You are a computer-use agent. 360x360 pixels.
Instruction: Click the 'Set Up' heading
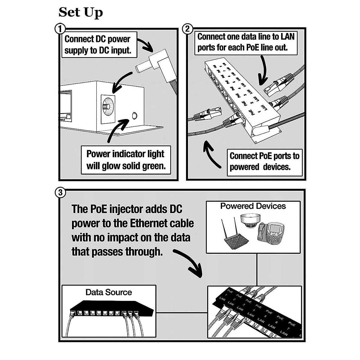click(x=80, y=12)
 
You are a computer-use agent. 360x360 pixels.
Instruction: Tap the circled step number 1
click(x=60, y=29)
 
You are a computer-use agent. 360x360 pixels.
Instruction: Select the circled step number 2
click(x=187, y=29)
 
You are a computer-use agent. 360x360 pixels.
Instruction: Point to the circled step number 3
click(x=60, y=192)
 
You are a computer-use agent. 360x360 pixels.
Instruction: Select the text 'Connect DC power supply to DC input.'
click(x=98, y=45)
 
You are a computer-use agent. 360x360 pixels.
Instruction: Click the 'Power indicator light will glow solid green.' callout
click(x=126, y=160)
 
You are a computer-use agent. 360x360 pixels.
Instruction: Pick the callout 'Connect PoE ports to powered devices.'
click(x=264, y=161)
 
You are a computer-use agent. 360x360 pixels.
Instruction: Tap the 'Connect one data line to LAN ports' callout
click(x=246, y=42)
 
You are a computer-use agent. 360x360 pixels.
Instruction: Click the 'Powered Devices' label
click(x=253, y=206)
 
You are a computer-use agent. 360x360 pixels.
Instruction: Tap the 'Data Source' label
click(x=109, y=292)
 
